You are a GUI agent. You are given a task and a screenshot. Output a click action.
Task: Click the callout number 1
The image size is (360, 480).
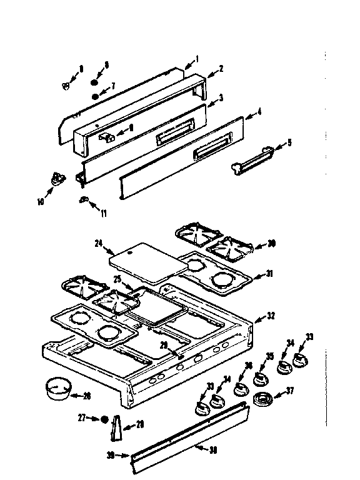197,59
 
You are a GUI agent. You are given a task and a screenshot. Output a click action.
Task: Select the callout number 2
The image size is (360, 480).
221,68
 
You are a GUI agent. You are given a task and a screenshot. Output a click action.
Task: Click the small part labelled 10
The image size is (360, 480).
57,179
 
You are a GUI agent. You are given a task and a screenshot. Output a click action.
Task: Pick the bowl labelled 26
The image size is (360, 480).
56,389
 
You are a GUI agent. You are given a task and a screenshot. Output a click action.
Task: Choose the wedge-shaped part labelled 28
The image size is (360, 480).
116,430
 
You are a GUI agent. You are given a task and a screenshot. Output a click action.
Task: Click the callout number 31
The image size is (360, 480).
269,274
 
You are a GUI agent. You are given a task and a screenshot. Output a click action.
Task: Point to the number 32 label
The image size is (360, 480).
270,316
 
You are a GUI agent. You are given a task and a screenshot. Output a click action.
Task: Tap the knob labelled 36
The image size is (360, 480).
240,389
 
